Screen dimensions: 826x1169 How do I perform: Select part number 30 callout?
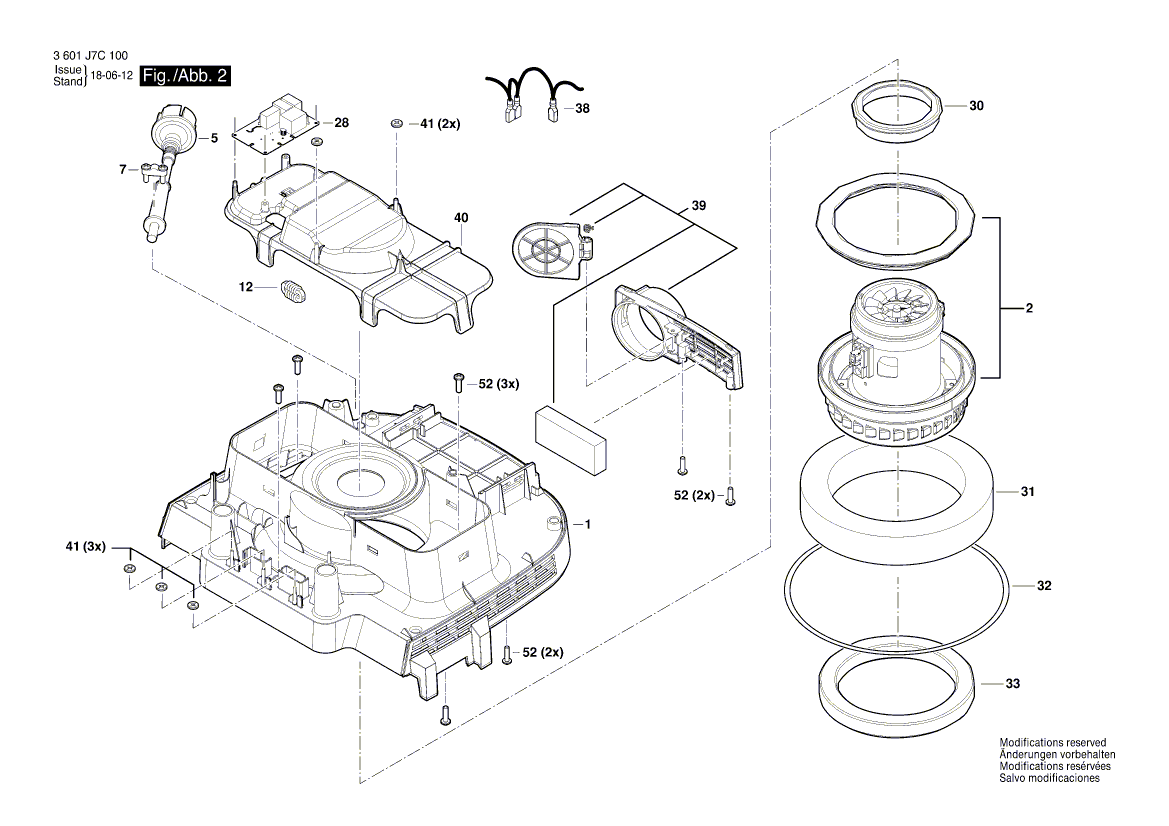pos(977,105)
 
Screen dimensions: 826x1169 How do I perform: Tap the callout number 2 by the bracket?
pos(1027,309)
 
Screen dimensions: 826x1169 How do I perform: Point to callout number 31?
pos(1028,492)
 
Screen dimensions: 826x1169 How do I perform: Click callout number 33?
pos(1013,684)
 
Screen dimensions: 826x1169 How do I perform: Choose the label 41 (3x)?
pos(85,547)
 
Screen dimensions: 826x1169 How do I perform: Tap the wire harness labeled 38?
pos(530,90)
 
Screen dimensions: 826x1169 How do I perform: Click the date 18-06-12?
pos(112,76)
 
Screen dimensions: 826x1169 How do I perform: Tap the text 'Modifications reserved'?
pos(1051,742)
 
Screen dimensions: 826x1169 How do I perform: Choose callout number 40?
pos(461,217)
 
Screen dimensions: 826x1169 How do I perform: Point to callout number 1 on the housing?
pos(589,524)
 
